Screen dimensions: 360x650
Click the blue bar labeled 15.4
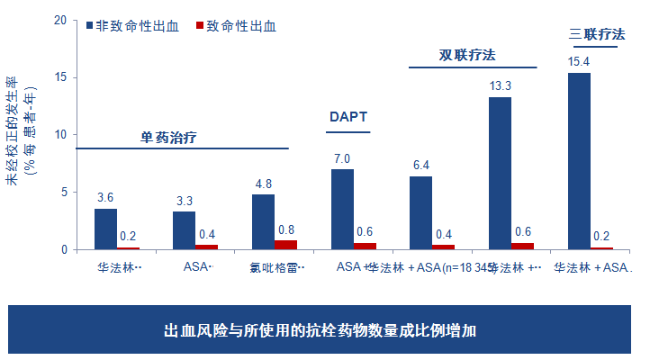tap(579, 161)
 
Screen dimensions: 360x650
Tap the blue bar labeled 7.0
tap(342, 209)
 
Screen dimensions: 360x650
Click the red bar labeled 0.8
tap(285, 244)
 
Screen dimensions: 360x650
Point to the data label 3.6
tap(105, 197)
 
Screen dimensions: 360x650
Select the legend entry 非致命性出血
tap(136, 26)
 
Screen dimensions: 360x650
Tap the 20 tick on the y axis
tap(60, 20)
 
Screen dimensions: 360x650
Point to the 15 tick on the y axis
tap(60, 77)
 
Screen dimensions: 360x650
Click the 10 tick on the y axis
tap(60, 134)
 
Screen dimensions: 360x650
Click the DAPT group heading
tap(348, 117)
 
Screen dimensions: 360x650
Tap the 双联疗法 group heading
tap(467, 55)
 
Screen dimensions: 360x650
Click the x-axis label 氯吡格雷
tap(276, 267)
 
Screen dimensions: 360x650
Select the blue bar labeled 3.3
tap(184, 229)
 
